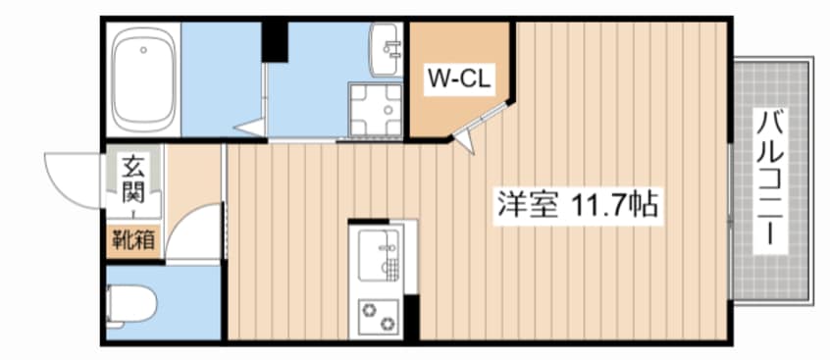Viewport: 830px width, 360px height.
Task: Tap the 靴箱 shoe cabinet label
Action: tap(132, 238)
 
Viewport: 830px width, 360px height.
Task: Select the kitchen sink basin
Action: tap(377, 254)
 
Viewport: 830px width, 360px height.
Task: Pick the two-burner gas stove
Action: tap(379, 314)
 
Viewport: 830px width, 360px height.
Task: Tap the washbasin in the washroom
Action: tap(385, 44)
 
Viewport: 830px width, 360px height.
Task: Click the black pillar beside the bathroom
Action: tap(275, 38)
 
